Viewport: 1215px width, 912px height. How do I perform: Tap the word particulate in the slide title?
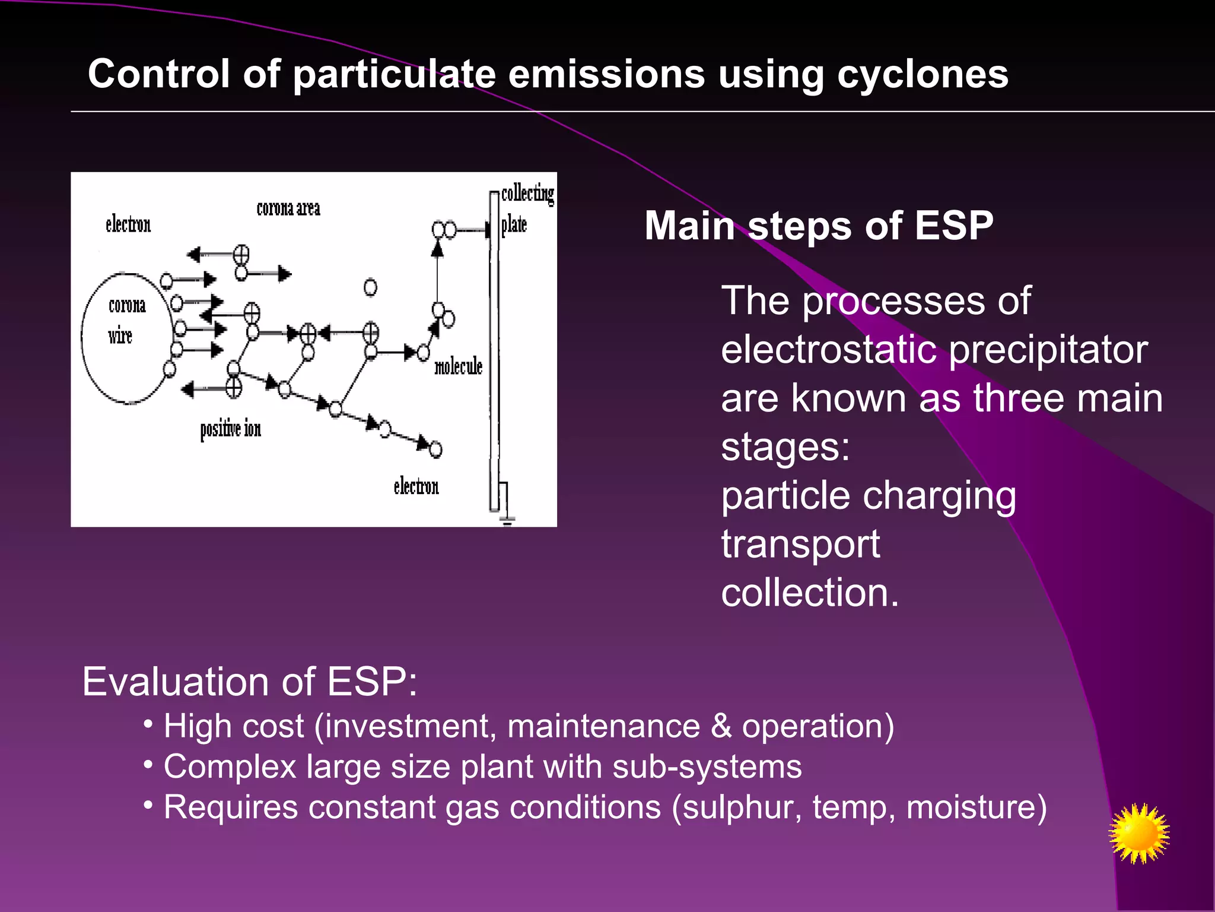394,75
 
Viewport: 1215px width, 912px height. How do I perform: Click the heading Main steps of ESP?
819,226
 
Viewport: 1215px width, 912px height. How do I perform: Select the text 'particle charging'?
868,496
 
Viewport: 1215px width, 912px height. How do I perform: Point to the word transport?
800,544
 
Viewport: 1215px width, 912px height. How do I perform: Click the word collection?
809,593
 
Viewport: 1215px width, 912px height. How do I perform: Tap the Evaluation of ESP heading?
249,682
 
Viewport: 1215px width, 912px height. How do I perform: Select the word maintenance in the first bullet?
603,726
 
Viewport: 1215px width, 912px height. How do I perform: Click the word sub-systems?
707,767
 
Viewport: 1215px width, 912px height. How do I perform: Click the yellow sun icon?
1138,834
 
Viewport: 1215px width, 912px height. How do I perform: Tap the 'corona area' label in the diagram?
288,208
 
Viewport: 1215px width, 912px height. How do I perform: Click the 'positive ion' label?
230,429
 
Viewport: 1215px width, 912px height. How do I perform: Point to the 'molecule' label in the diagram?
458,366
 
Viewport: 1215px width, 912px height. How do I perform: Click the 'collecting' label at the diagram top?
527,194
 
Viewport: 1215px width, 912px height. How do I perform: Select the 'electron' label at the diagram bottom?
416,486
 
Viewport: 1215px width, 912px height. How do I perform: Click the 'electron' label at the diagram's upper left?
128,224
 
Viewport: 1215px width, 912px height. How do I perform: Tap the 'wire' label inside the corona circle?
120,336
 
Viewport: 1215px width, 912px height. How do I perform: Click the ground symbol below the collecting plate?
507,521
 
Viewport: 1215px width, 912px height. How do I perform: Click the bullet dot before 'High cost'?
148,724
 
